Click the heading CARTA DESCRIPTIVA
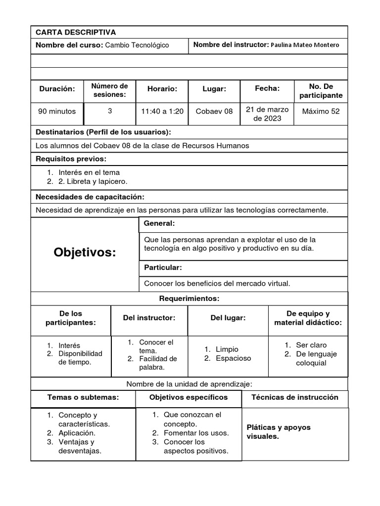tap(76, 33)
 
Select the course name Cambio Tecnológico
tap(137, 45)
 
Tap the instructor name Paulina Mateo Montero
tap(305, 45)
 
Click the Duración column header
tap(57, 89)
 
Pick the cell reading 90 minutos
tap(57, 111)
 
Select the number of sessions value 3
tap(110, 111)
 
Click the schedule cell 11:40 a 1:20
tap(162, 111)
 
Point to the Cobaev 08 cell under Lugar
tap(214, 111)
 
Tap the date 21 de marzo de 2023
tap(267, 114)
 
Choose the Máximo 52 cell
tap(321, 111)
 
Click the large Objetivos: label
tap(85, 253)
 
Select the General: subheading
tap(159, 224)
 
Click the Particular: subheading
tap(163, 267)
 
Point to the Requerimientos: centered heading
tap(189, 298)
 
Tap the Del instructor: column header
tap(149, 318)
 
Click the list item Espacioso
tap(233, 358)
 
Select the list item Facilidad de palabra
tap(157, 363)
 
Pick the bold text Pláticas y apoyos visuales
tap(279, 432)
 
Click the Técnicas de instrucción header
tap(295, 397)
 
